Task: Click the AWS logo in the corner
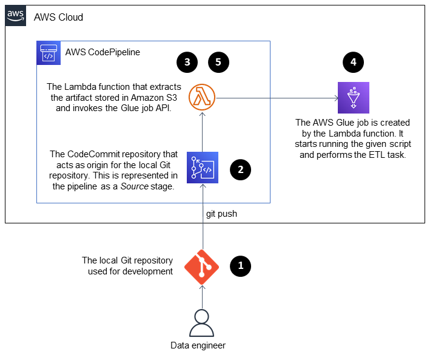pyautogui.click(x=16, y=16)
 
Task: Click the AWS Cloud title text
pyautogui.click(x=58, y=17)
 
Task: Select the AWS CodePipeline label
pyautogui.click(x=102, y=52)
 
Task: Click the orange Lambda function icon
pyautogui.click(x=203, y=97)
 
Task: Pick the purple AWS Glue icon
pyautogui.click(x=353, y=97)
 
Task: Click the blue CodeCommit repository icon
pyautogui.click(x=203, y=168)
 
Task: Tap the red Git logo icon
pyautogui.click(x=202, y=266)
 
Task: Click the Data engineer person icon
pyautogui.click(x=202, y=322)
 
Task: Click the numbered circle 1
pyautogui.click(x=241, y=265)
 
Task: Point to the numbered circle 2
pyautogui.click(x=241, y=169)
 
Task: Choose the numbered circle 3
pyautogui.click(x=187, y=62)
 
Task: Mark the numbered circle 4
pyautogui.click(x=353, y=62)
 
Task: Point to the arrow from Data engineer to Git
pyautogui.click(x=202, y=297)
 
